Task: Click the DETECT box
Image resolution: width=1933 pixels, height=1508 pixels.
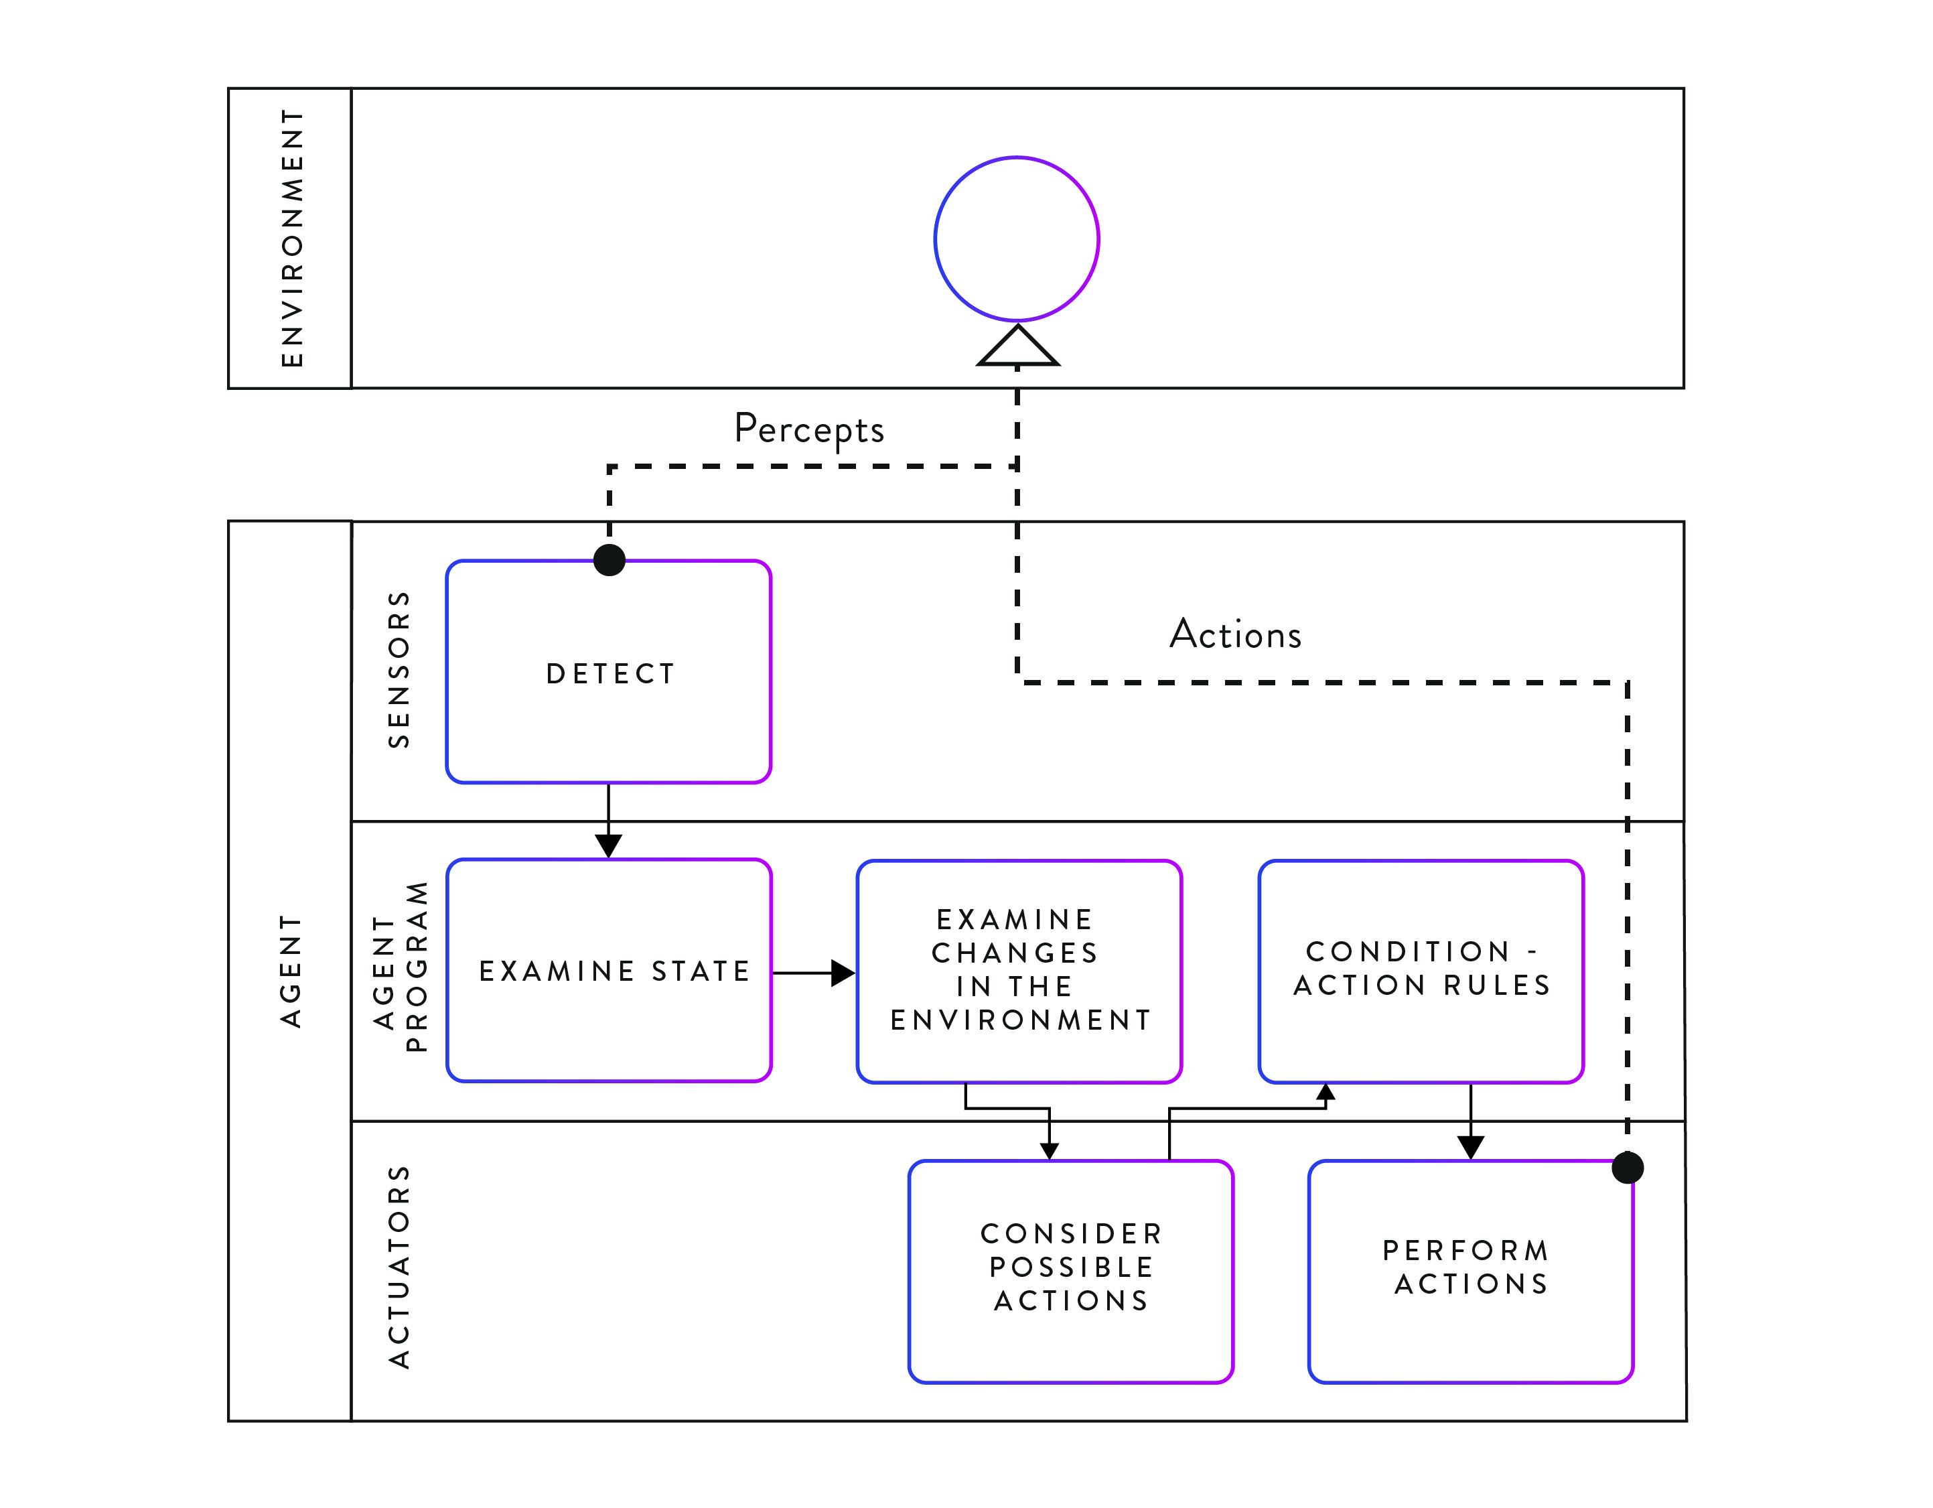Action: (x=609, y=672)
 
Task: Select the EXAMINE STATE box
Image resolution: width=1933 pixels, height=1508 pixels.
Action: (x=609, y=971)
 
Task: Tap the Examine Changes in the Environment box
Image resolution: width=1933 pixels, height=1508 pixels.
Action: (x=1019, y=971)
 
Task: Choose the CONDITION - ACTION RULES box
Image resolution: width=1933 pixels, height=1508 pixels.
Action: (x=1421, y=971)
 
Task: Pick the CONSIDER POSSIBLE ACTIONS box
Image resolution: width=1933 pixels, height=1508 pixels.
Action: (x=1071, y=1272)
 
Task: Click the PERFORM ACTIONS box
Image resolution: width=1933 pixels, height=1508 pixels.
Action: (x=1471, y=1272)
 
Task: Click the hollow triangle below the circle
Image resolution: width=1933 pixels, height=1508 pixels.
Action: (x=1018, y=346)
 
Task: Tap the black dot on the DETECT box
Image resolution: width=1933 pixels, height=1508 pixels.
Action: (x=610, y=559)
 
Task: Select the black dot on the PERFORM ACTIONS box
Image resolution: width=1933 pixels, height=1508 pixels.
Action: (x=1628, y=1168)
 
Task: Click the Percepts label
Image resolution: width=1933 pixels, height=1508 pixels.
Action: (x=809, y=429)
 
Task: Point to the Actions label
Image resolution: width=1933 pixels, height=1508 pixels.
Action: (x=1236, y=634)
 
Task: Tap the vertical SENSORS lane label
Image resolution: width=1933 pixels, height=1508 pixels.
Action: (x=399, y=669)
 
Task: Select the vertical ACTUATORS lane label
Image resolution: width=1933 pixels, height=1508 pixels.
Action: (x=399, y=1267)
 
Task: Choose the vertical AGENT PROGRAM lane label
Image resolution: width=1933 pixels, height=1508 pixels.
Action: (x=400, y=967)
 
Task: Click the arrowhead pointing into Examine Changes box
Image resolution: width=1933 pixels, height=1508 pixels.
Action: (x=843, y=973)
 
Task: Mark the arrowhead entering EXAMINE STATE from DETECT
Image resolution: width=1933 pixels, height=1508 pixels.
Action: (x=608, y=845)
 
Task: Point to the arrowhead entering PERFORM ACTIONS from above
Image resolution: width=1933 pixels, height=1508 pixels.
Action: (x=1471, y=1148)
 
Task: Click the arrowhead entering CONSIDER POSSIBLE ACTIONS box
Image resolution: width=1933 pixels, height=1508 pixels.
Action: (x=1050, y=1151)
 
